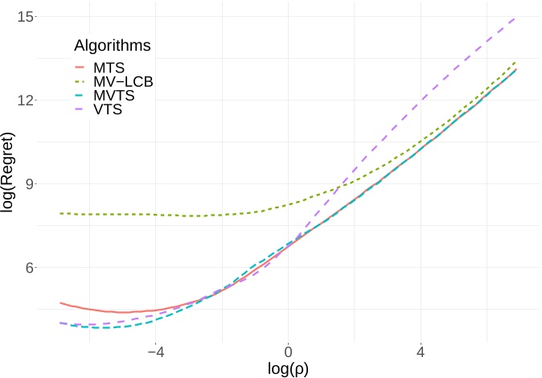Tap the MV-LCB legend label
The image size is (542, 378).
tap(124, 81)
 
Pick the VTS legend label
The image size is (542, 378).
tap(107, 109)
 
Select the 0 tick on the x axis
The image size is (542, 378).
tap(289, 351)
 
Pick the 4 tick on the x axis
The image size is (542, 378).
tap(421, 351)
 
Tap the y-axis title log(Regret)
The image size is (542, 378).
tap(10, 172)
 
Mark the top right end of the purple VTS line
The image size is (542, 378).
tap(515, 17)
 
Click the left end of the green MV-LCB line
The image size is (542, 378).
tap(61, 213)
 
